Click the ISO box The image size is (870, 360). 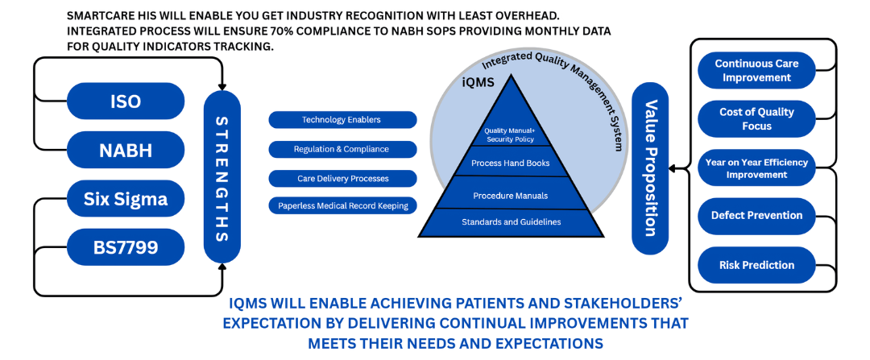pos(125,101)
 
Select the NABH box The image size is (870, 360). pos(125,150)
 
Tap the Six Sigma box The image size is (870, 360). pos(125,199)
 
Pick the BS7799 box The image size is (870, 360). pos(125,247)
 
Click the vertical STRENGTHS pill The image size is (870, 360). pos(222,177)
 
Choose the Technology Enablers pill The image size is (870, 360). pos(342,120)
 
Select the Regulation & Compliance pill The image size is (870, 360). pos(342,149)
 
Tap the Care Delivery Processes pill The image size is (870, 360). pos(342,178)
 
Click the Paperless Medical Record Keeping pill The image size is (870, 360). pos(342,205)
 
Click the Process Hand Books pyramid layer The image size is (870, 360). pos(510,163)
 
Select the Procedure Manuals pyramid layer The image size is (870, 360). pos(510,195)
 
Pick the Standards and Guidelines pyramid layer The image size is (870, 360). pos(510,221)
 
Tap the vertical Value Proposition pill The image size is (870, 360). pos(649,168)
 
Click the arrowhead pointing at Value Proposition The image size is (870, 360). pos(673,169)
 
